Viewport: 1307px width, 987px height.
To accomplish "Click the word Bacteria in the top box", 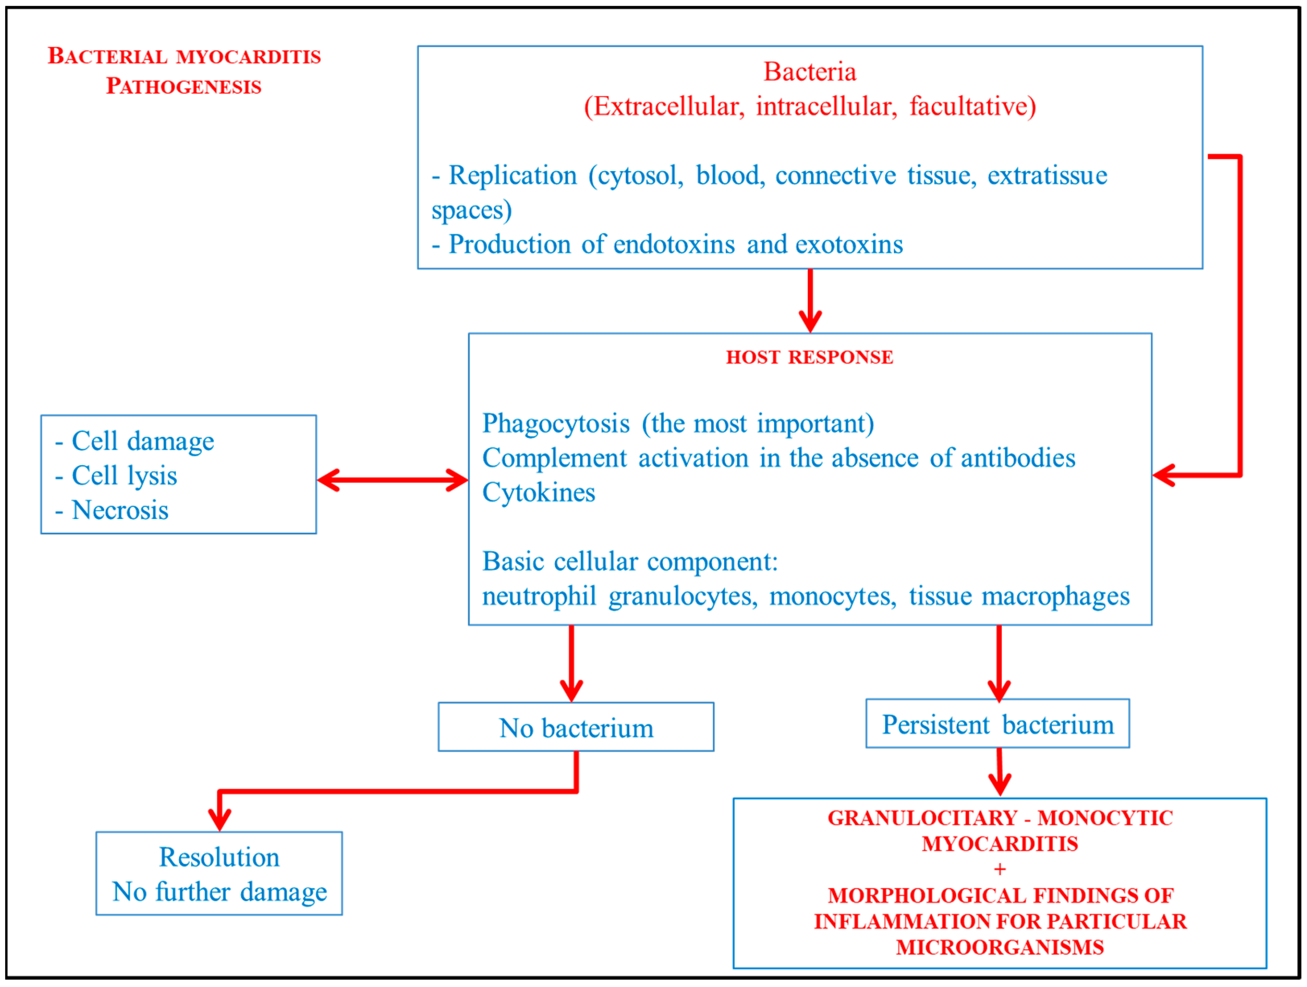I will tap(809, 72).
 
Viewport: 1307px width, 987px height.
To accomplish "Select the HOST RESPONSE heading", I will tap(809, 357).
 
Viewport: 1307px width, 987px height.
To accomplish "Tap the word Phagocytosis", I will tap(556, 424).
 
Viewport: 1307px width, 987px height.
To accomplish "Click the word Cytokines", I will tap(538, 492).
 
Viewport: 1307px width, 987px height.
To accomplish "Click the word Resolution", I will tap(219, 857).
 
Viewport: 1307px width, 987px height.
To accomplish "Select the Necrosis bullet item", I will tap(120, 510).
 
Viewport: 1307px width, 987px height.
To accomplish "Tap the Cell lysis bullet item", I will tap(124, 476).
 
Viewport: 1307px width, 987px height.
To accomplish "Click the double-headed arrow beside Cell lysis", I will tap(393, 480).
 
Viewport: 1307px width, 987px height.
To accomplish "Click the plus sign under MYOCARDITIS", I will tap(1000, 870).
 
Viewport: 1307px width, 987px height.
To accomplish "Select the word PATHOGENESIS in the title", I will tap(184, 86).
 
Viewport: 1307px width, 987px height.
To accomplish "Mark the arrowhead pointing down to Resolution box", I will tap(220, 820).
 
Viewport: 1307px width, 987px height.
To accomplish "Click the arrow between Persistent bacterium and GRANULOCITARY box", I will tap(999, 772).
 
